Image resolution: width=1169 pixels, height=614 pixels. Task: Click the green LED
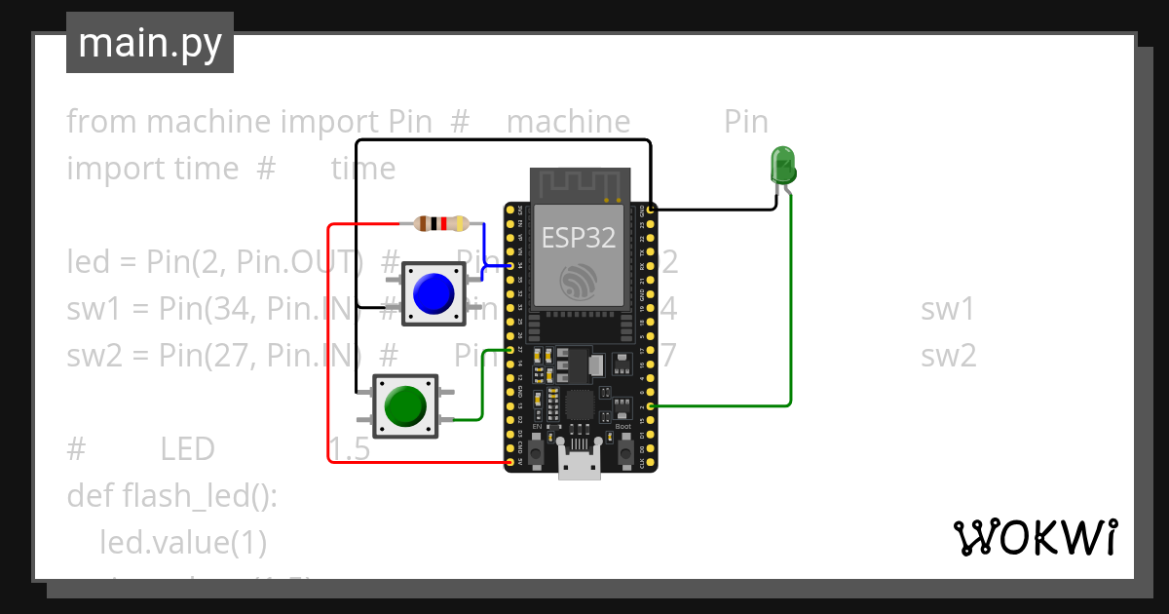[x=782, y=166]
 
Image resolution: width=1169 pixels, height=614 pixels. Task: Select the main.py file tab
[x=149, y=43]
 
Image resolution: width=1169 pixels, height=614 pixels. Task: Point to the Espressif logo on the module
[x=581, y=283]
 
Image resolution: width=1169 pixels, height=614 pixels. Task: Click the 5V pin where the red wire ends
[x=509, y=461]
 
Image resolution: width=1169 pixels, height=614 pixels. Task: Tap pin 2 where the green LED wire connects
[x=651, y=405]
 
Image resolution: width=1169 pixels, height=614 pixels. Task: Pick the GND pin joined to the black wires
[x=651, y=210]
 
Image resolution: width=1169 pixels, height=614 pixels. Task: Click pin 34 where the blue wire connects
[x=509, y=265]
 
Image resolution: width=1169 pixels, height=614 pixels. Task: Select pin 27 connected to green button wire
[x=509, y=349]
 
